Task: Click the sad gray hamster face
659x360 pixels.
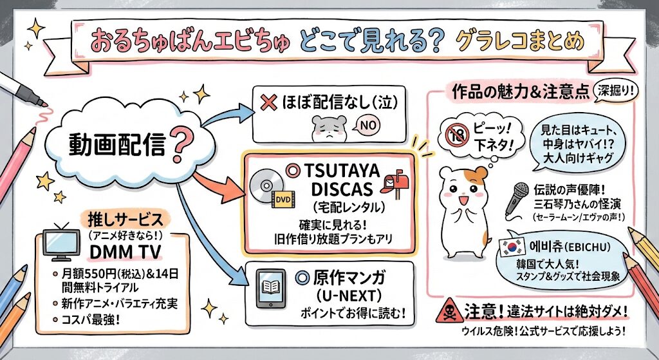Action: coord(328,129)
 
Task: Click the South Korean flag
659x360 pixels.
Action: coord(510,247)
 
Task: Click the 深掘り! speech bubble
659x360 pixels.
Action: coord(615,90)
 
